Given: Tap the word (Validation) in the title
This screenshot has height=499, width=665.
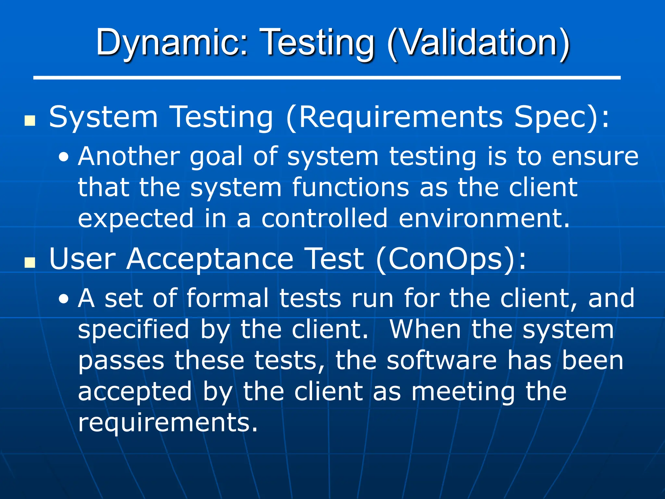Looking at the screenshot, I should coord(479,44).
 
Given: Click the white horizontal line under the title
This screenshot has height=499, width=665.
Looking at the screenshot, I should coord(327,78).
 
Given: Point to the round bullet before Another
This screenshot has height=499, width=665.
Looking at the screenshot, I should coord(64,158).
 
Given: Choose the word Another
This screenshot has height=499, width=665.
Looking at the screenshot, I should coord(129,157).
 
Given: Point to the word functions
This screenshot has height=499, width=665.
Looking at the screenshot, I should coord(350,187).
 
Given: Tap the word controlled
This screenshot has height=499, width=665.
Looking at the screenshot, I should coord(324,218).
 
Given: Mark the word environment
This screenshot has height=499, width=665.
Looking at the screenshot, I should coord(484,218).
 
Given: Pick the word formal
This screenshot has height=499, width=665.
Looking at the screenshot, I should coord(228,298).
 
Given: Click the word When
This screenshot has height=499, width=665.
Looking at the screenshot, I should coord(425,329).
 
